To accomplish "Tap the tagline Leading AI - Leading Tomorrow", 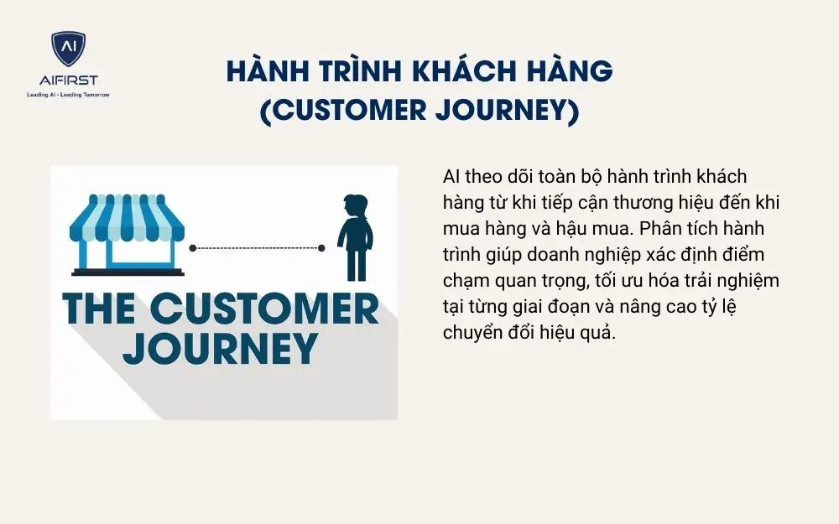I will pyautogui.click(x=69, y=94).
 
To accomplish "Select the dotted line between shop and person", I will pyautogui.click(x=257, y=248).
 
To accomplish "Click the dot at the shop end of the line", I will pyautogui.click(x=193, y=248).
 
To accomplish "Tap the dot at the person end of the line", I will pyautogui.click(x=321, y=248).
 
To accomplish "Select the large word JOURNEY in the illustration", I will pyautogui.click(x=220, y=348).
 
